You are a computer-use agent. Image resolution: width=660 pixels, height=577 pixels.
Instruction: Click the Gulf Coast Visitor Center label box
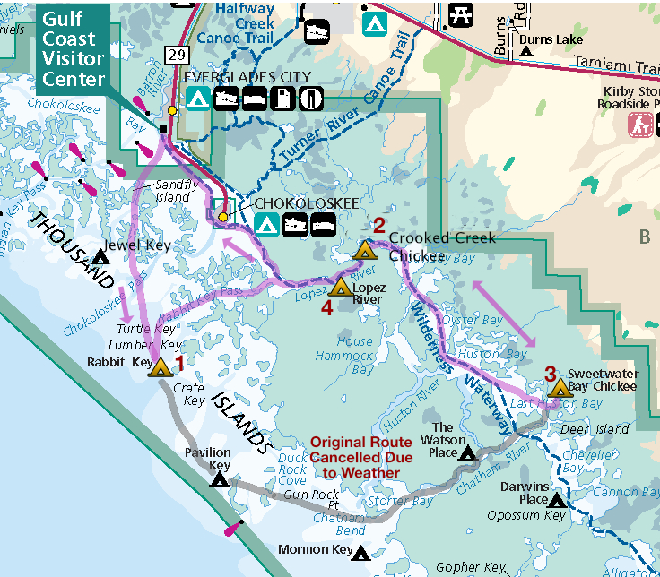click(x=73, y=48)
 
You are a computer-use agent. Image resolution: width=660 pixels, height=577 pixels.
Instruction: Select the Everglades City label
click(x=247, y=77)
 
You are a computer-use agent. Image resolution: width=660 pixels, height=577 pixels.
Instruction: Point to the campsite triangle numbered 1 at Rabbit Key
click(x=161, y=367)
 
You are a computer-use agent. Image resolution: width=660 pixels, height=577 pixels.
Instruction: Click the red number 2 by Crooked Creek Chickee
click(x=379, y=225)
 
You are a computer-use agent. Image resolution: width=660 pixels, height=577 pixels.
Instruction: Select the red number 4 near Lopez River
click(x=326, y=307)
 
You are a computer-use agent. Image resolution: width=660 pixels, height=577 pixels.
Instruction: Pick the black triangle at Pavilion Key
click(x=219, y=479)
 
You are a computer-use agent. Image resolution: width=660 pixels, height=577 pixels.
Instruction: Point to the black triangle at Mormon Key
click(x=361, y=554)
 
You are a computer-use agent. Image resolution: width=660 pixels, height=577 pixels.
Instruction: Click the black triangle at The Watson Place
click(x=467, y=453)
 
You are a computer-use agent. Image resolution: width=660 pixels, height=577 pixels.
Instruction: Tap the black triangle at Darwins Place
click(x=557, y=500)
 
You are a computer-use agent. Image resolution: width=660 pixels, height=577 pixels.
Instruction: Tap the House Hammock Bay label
click(x=355, y=355)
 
